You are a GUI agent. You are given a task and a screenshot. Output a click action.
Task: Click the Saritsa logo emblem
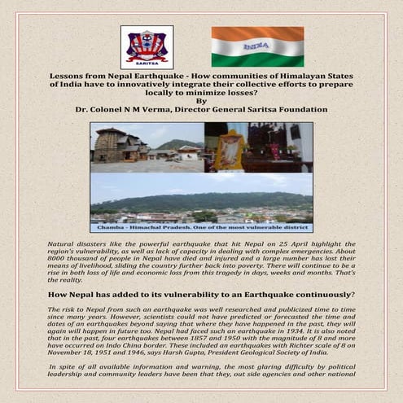[x=147, y=46]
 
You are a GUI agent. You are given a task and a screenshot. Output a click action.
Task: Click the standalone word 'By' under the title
[x=201, y=100]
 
